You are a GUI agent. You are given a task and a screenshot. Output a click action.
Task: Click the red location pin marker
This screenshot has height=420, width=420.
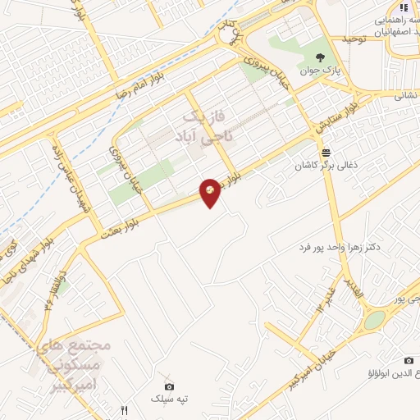(x=211, y=192)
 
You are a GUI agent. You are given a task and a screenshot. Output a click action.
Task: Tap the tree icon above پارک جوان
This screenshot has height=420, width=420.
(x=321, y=57)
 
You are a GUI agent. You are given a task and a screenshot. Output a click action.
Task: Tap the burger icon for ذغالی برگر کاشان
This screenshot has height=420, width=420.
(x=326, y=153)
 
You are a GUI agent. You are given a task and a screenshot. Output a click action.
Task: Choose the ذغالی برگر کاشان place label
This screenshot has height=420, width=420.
(x=326, y=166)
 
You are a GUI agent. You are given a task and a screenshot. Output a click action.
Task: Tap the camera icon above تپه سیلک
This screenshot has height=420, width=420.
(x=169, y=386)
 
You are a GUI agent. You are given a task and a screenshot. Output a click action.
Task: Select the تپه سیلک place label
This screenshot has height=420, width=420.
(x=169, y=399)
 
